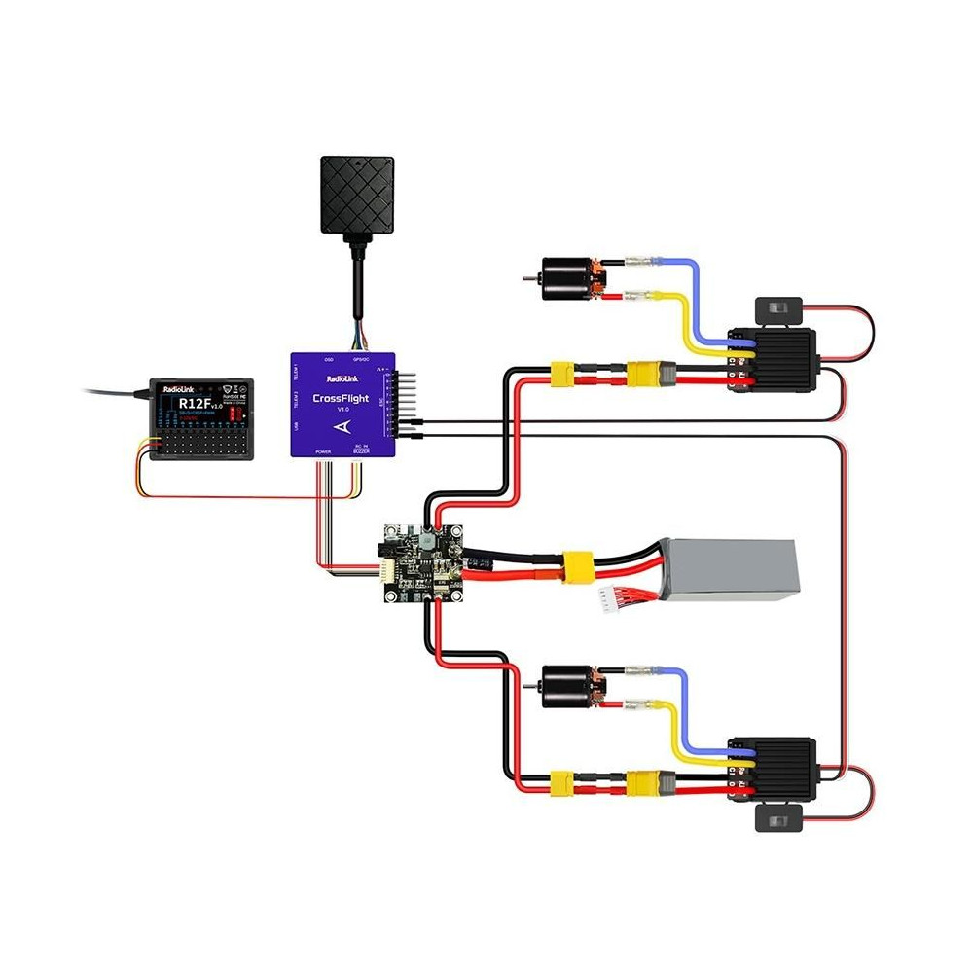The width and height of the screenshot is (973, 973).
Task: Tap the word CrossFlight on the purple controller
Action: (341, 397)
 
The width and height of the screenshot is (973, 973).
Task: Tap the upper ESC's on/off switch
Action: (778, 310)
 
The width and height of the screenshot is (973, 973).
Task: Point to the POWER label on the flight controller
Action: (323, 451)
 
